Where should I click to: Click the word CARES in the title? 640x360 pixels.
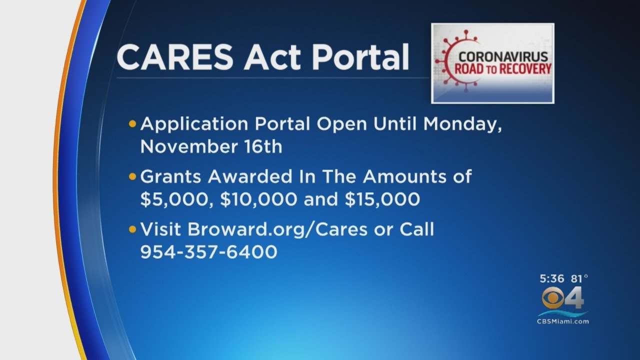pyautogui.click(x=175, y=56)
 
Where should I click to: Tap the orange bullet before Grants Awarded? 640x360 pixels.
pyautogui.click(x=132, y=176)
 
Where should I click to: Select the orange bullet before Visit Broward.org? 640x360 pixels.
pyautogui.click(x=132, y=229)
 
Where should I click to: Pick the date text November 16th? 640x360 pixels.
pyautogui.click(x=211, y=147)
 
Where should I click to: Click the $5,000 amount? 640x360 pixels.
pyautogui.click(x=173, y=199)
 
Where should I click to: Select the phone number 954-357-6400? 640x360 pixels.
pyautogui.click(x=208, y=252)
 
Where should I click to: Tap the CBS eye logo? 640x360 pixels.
pyautogui.click(x=553, y=299)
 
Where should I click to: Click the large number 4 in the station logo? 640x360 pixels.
pyautogui.click(x=575, y=299)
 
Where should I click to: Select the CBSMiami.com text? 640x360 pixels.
pyautogui.click(x=563, y=321)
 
